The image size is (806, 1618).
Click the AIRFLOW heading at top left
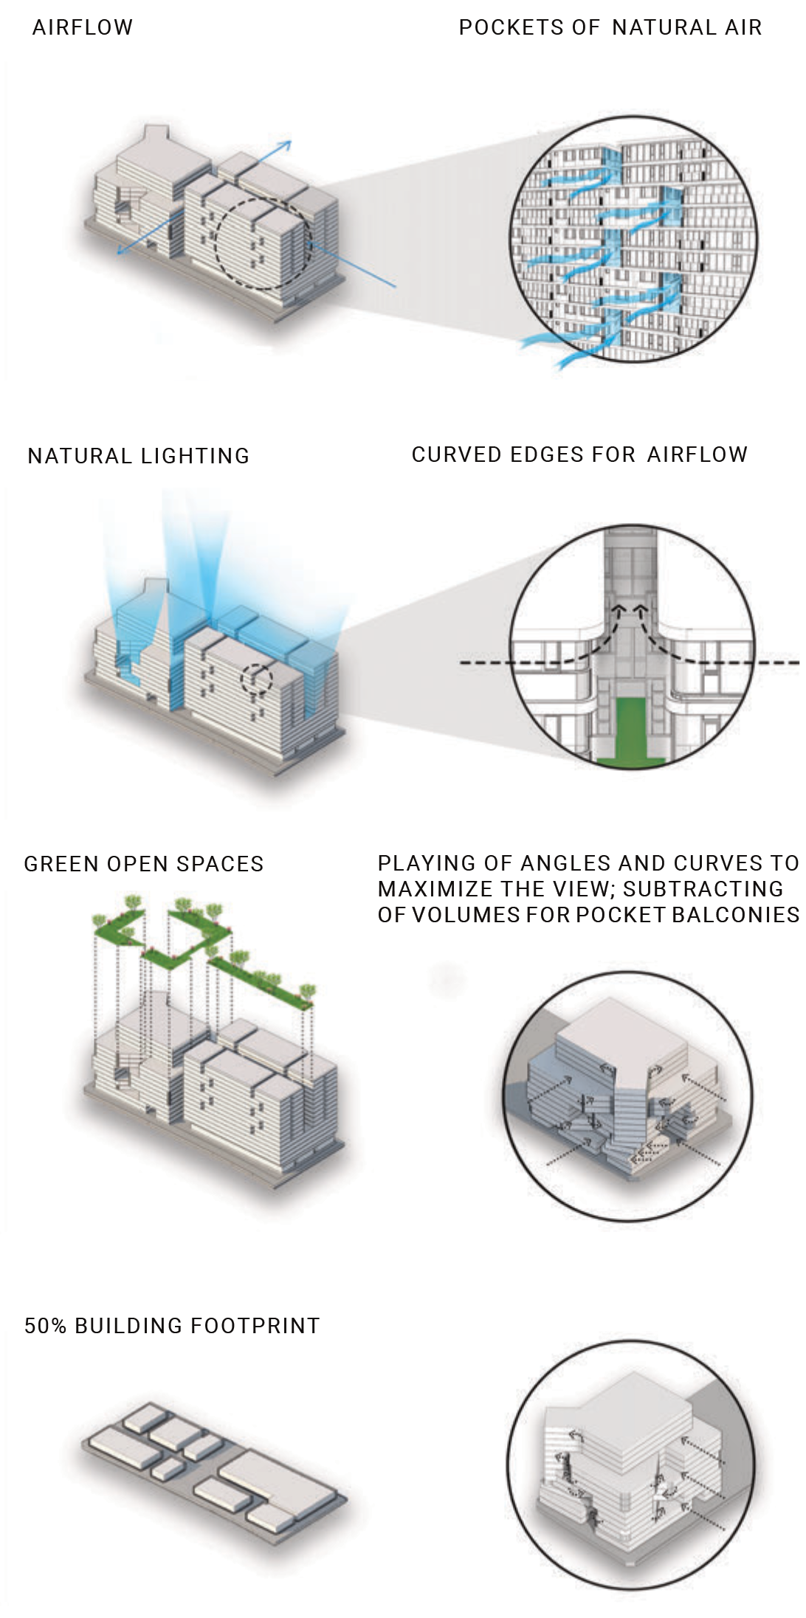83,28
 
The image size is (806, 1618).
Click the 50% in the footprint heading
46,1326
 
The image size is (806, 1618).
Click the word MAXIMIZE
430,889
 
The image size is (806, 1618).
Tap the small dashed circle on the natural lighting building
257,680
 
